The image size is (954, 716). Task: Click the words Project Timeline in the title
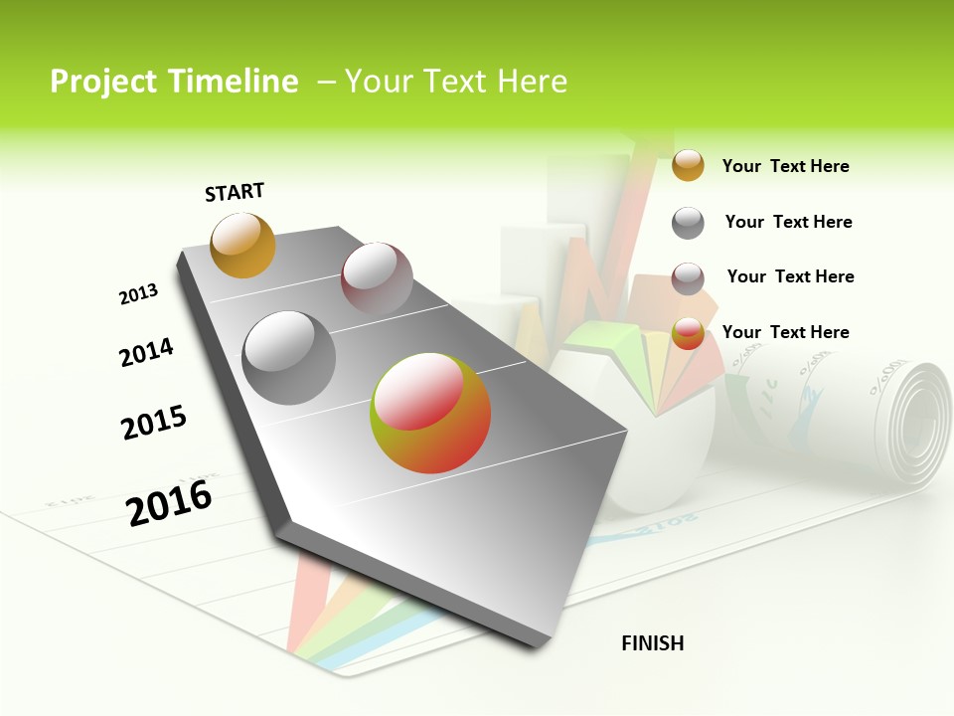pyautogui.click(x=174, y=82)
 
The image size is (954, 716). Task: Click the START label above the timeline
pyautogui.click(x=235, y=192)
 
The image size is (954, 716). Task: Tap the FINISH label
pyautogui.click(x=653, y=643)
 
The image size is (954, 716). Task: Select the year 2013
pyautogui.click(x=138, y=294)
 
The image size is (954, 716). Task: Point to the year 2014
pyautogui.click(x=146, y=352)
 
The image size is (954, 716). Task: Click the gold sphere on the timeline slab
pyautogui.click(x=242, y=245)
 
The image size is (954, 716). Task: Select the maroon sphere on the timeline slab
pyautogui.click(x=377, y=278)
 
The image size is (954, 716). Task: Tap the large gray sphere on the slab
pyautogui.click(x=289, y=358)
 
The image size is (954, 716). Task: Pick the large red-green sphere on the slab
pyautogui.click(x=430, y=413)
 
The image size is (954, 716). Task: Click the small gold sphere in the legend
pyautogui.click(x=688, y=165)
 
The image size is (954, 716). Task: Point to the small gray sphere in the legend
pyautogui.click(x=688, y=223)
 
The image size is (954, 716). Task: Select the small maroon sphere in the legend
pyautogui.click(x=688, y=278)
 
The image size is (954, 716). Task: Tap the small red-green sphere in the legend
pyautogui.click(x=688, y=334)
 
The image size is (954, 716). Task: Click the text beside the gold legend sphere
pyautogui.click(x=785, y=166)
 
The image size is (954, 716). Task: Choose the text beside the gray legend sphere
pyautogui.click(x=788, y=222)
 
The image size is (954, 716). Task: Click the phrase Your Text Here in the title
pyautogui.click(x=456, y=82)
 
